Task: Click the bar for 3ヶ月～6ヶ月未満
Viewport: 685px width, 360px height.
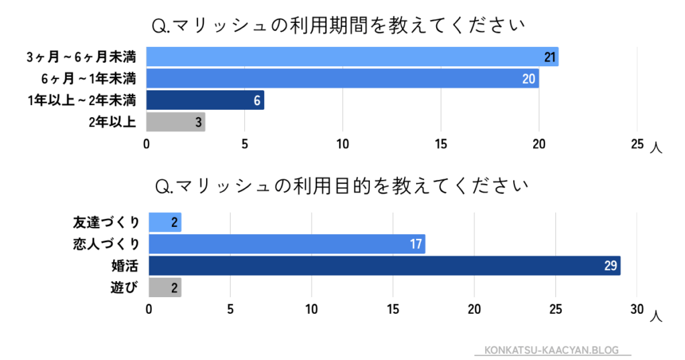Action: [352, 57]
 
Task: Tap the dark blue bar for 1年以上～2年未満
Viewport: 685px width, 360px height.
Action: [205, 100]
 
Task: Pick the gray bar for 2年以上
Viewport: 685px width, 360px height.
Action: [175, 122]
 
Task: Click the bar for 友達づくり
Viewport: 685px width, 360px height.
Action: [165, 222]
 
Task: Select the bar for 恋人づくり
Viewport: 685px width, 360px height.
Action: [286, 244]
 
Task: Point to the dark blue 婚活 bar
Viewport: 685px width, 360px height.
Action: [384, 265]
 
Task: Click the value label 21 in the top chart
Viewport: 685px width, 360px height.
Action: [550, 58]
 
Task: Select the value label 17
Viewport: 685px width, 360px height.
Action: [416, 244]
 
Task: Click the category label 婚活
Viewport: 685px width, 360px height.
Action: [125, 266]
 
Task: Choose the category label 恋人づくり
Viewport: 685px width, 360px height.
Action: [106, 244]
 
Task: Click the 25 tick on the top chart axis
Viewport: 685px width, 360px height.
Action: [637, 145]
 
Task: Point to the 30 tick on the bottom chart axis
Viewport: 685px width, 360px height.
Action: [637, 309]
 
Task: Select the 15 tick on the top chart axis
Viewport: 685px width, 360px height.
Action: [441, 145]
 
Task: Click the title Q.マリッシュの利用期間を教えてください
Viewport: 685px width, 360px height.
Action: [338, 27]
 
